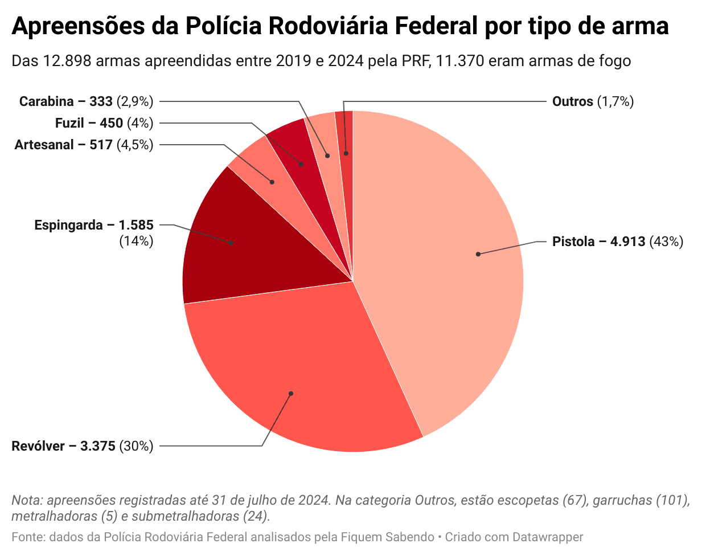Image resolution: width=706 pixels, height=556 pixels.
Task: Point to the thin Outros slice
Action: pyautogui.click(x=345, y=142)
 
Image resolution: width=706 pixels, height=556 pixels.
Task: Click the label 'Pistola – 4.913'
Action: pyautogui.click(x=598, y=242)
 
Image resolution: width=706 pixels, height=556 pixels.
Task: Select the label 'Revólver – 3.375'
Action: pyautogui.click(x=63, y=446)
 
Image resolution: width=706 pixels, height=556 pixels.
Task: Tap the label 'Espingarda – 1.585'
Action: pyautogui.click(x=93, y=225)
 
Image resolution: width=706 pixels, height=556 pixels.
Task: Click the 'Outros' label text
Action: pyautogui.click(x=573, y=101)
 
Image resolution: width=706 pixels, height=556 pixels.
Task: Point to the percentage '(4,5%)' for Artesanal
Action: pyautogui.click(x=135, y=145)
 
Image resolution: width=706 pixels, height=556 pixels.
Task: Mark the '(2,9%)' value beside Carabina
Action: pyautogui.click(x=135, y=101)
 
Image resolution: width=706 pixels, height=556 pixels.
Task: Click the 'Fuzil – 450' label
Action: pyautogui.click(x=89, y=123)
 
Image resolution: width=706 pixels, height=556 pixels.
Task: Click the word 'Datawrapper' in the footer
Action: pyautogui.click(x=548, y=537)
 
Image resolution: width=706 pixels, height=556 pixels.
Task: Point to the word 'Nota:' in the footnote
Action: pyautogui.click(x=27, y=500)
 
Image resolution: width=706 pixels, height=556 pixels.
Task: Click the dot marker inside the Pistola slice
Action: pyautogui.click(x=478, y=254)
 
